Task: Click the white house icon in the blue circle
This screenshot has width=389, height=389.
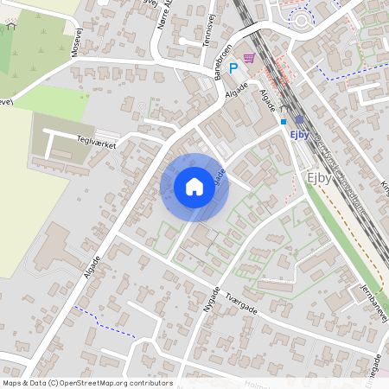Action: click(194, 187)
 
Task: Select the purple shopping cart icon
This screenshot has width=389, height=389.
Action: click(249, 58)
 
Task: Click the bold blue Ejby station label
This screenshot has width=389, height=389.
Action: click(300, 134)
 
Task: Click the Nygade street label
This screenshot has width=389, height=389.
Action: click(212, 299)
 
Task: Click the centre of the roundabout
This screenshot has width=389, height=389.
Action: click(302, 19)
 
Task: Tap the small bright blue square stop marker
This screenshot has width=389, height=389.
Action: click(283, 122)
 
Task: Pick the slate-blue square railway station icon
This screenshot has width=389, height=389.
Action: click(299, 119)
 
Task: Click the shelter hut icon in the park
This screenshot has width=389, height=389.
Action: click(11, 25)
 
